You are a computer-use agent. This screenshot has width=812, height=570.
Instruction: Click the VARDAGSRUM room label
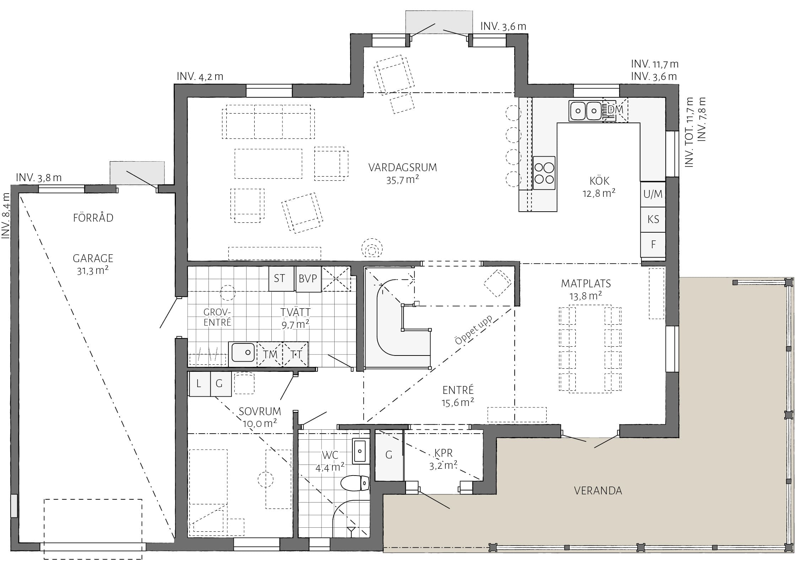click(x=402, y=167)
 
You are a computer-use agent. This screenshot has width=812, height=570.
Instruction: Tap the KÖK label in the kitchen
click(x=599, y=181)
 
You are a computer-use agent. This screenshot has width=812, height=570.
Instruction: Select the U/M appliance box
click(x=653, y=194)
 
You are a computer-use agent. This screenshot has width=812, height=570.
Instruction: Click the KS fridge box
click(x=653, y=219)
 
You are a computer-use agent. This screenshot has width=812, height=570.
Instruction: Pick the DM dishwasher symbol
click(x=616, y=110)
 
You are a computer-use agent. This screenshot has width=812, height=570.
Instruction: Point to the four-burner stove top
click(x=544, y=173)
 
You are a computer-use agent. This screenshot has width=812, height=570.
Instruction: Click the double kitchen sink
click(x=585, y=111)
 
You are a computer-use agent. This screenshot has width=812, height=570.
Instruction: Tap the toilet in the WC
click(x=355, y=483)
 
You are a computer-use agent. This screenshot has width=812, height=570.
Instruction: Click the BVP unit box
click(x=308, y=279)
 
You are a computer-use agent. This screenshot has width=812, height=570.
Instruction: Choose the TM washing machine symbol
click(x=270, y=354)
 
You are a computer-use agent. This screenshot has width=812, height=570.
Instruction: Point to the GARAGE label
click(x=93, y=258)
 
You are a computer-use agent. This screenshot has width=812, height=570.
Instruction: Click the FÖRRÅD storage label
click(x=93, y=217)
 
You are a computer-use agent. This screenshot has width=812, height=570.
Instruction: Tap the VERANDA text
click(x=598, y=490)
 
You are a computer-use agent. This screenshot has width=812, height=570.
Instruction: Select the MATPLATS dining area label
click(x=586, y=283)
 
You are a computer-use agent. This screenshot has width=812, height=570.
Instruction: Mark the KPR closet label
click(x=443, y=453)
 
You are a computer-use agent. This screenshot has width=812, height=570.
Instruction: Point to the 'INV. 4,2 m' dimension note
click(x=200, y=76)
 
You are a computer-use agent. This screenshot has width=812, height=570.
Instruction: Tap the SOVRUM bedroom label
click(x=260, y=411)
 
